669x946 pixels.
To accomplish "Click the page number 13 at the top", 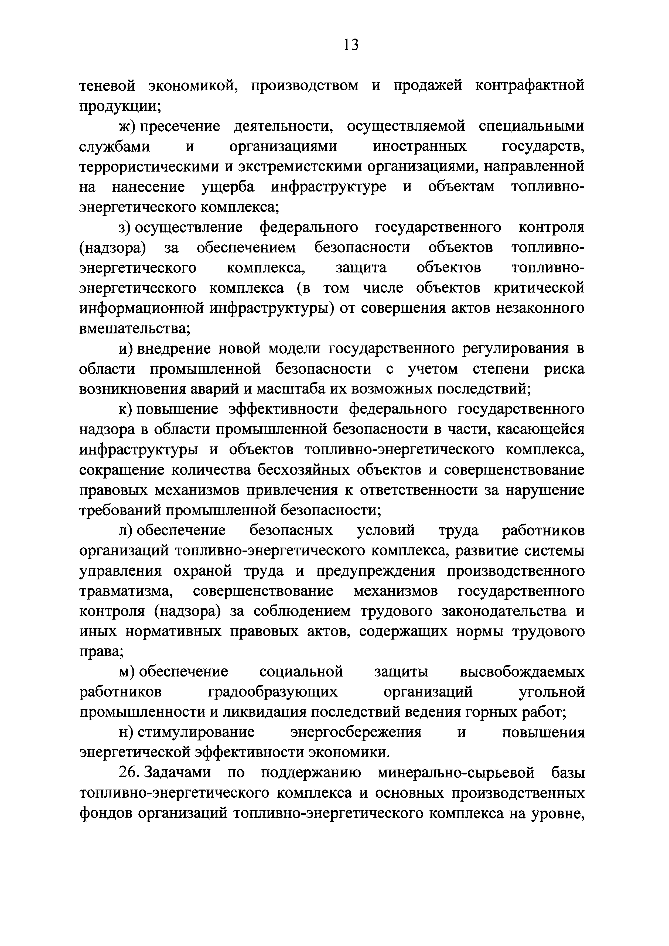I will [x=351, y=45].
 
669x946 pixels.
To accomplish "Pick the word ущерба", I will [x=228, y=187].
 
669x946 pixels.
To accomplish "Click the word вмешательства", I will [x=133, y=328].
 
